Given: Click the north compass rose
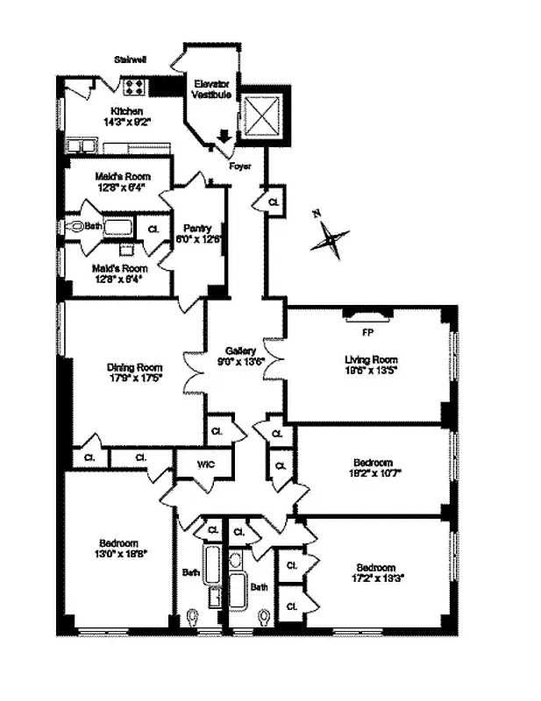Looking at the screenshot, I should click(x=329, y=237).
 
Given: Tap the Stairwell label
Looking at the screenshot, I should click(x=130, y=60).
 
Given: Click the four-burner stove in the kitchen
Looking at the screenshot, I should click(x=136, y=86).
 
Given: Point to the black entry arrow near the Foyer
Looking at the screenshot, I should click(x=224, y=136).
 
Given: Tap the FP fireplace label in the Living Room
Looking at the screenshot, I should click(x=368, y=333).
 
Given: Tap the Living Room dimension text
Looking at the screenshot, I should click(x=371, y=372).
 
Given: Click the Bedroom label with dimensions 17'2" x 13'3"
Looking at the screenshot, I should click(x=375, y=567).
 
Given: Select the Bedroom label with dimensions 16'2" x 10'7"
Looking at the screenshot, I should click(x=373, y=462).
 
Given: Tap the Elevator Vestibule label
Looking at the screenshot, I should click(x=212, y=89).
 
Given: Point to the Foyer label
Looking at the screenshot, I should click(x=240, y=165).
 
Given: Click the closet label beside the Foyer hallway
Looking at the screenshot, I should click(x=274, y=201).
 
